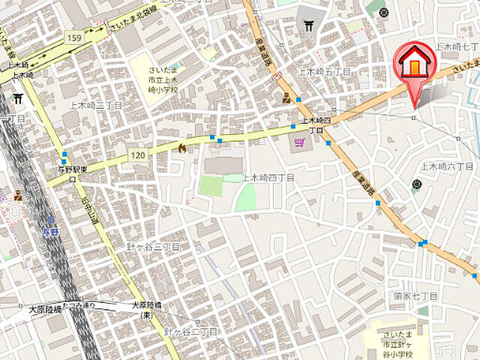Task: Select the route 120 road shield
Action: (137, 154)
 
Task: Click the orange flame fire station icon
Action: (181, 148)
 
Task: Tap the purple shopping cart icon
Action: (299, 140)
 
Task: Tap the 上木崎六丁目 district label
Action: (447, 166)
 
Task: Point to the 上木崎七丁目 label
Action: (456, 46)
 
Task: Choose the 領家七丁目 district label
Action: (415, 296)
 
